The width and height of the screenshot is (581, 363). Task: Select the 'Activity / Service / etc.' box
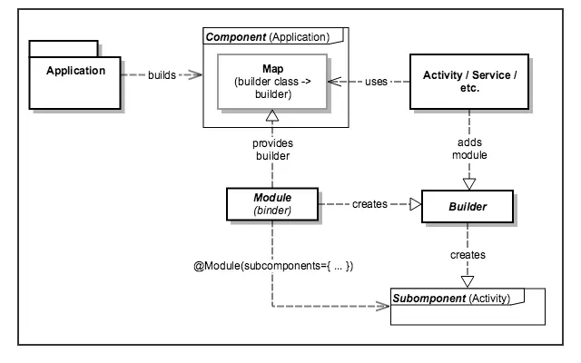click(469, 81)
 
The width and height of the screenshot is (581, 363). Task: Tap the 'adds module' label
click(469, 150)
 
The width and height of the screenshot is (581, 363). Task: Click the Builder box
click(469, 206)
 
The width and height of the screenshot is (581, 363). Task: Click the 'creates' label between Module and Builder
click(369, 206)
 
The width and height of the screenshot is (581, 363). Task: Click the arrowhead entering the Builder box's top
click(469, 182)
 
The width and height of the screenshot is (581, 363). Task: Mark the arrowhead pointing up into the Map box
click(272, 116)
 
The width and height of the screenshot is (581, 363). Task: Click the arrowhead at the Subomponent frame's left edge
click(383, 308)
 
